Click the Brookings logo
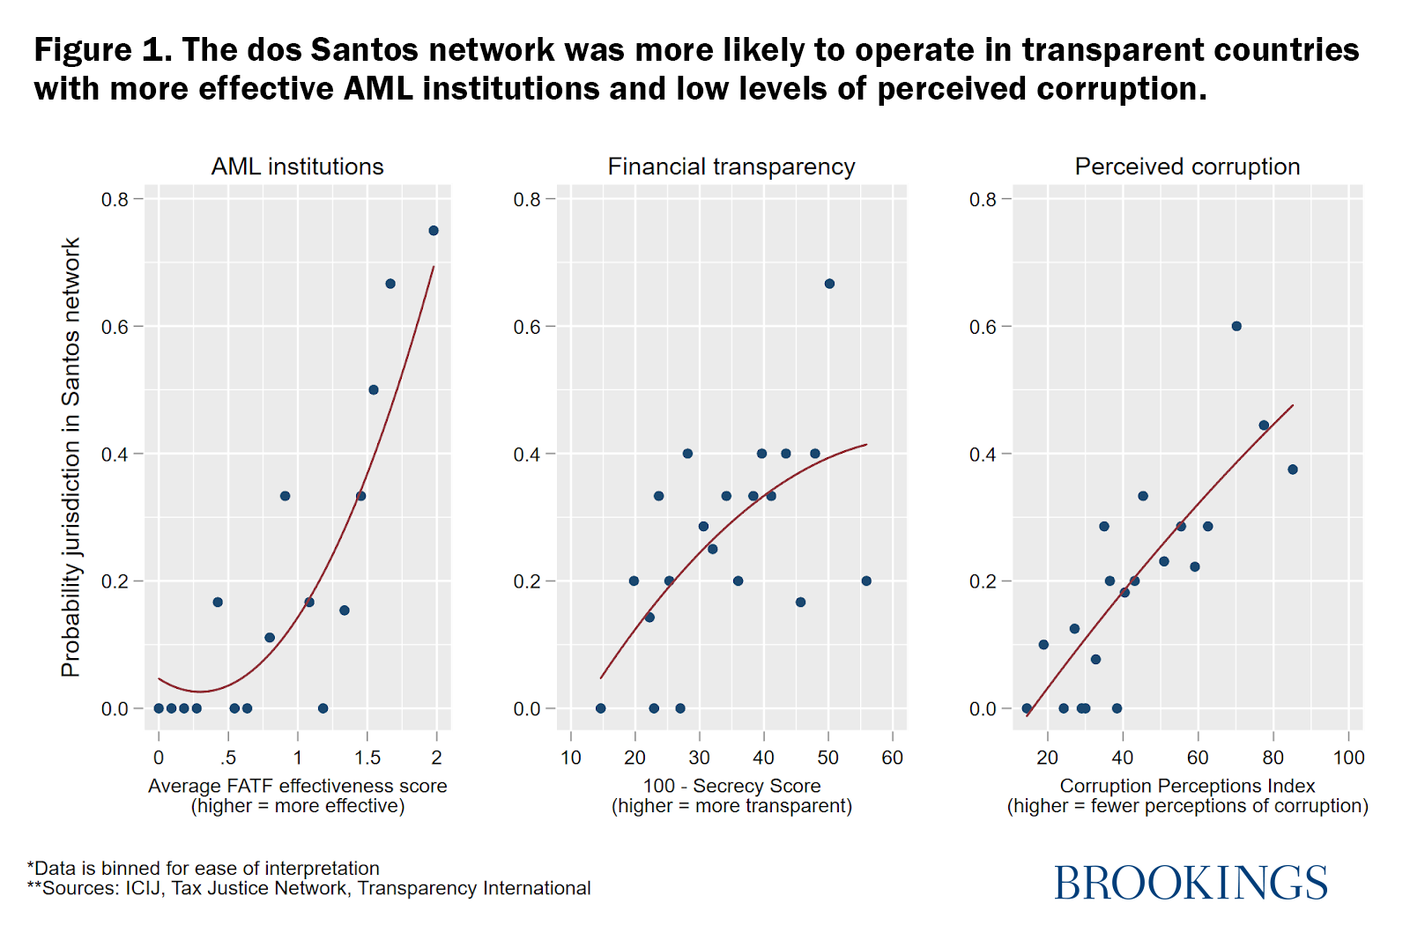(x=1191, y=883)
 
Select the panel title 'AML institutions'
(x=297, y=166)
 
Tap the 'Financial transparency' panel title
(x=731, y=166)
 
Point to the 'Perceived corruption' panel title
(x=1187, y=166)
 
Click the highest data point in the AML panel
(x=434, y=231)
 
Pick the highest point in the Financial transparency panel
(x=829, y=284)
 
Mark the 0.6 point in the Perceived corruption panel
(x=1236, y=326)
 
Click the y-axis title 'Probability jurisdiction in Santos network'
(x=70, y=457)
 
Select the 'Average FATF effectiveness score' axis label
(x=297, y=786)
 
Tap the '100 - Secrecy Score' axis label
(x=731, y=786)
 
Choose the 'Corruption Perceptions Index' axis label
(x=1187, y=786)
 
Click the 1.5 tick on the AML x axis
(x=367, y=758)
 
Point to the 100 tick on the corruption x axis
(x=1348, y=758)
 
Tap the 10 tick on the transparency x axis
(x=571, y=758)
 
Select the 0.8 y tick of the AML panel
(x=115, y=199)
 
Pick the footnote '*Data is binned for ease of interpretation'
(x=204, y=869)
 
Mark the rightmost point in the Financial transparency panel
(x=866, y=581)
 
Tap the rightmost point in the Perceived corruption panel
(x=1293, y=470)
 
